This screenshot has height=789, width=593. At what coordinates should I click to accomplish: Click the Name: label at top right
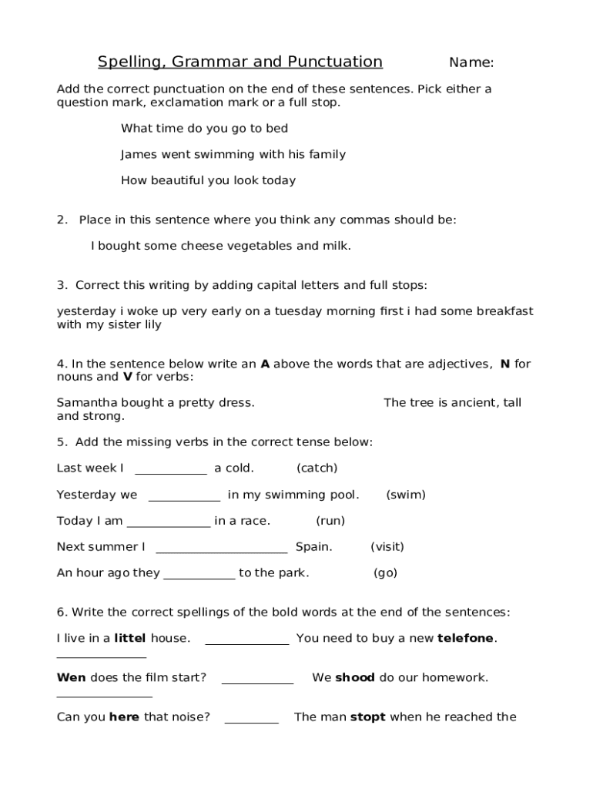pos(471,62)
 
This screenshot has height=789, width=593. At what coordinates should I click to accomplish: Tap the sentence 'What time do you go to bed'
pos(204,129)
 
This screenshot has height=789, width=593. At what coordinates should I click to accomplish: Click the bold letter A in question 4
pos(265,364)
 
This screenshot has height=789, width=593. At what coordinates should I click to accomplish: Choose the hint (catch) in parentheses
pos(317,468)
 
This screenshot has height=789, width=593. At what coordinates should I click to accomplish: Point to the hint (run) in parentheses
pos(330,521)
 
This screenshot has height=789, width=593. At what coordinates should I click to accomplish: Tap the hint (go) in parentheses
pos(385,573)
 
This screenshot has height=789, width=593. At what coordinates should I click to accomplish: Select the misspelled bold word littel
pos(129,639)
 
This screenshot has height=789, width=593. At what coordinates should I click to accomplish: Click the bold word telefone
pos(466,639)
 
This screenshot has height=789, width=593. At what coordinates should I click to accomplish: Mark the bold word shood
pos(355,678)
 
